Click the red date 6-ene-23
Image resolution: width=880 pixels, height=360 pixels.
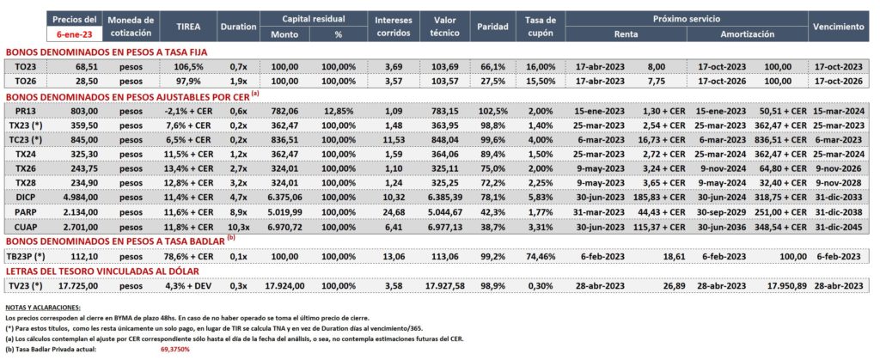(x=74, y=34)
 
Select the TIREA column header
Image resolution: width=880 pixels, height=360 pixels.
(x=188, y=26)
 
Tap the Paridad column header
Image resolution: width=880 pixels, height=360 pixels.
(x=492, y=26)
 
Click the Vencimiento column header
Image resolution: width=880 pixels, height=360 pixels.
(x=838, y=26)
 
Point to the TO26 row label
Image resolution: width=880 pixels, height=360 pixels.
(x=24, y=81)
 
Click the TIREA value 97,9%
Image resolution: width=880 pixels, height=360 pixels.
(x=188, y=81)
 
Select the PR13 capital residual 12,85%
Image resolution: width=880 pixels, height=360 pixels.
(x=339, y=112)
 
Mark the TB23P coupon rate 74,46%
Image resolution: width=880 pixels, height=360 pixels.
(x=540, y=256)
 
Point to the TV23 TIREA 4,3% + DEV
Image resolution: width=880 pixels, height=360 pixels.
(x=188, y=286)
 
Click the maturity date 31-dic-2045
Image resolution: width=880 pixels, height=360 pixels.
(x=838, y=228)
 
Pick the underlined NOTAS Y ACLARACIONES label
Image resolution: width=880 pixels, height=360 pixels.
(x=42, y=308)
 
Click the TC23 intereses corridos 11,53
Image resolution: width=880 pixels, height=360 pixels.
(x=394, y=140)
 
